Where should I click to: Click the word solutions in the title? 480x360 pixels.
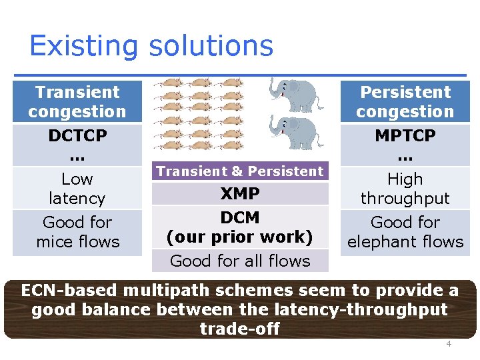tap(211, 46)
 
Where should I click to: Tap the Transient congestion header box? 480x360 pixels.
tap(77, 101)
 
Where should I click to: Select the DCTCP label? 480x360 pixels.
tap(77, 135)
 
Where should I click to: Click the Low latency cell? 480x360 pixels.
tap(77, 189)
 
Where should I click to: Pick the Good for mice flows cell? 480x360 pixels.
tap(77, 232)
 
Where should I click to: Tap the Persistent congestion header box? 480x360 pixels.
tap(405, 101)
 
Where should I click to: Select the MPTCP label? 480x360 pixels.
tap(405, 135)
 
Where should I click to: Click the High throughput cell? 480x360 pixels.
tap(405, 189)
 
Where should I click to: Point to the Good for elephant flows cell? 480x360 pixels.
tap(405, 232)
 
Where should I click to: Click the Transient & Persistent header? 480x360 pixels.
tap(240, 171)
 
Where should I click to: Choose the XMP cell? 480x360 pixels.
tap(240, 194)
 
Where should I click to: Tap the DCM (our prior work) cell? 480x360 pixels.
tap(240, 227)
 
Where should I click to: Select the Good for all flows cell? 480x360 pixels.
tap(240, 261)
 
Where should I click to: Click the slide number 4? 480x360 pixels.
tap(449, 344)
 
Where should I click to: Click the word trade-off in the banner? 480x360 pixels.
tap(240, 329)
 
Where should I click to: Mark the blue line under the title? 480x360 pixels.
tap(240, 74)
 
